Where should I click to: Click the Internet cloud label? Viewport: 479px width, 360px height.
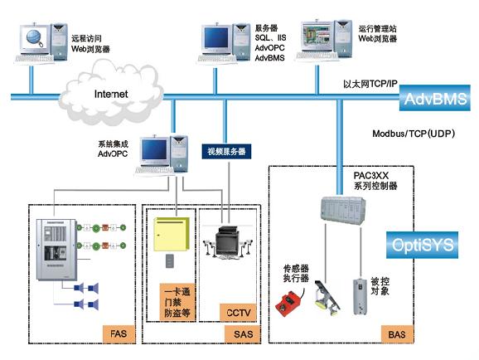coord(111,94)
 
